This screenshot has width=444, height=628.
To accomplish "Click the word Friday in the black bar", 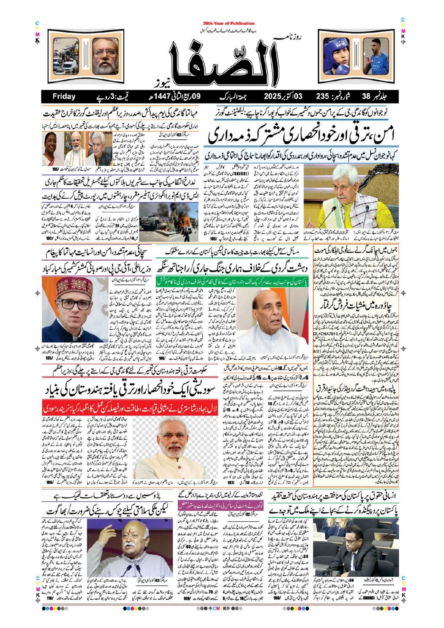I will [64, 97].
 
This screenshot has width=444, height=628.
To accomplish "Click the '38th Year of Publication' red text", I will [229, 23].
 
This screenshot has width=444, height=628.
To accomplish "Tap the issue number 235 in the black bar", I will [322, 97].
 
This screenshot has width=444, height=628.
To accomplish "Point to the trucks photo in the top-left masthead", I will [66, 56].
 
